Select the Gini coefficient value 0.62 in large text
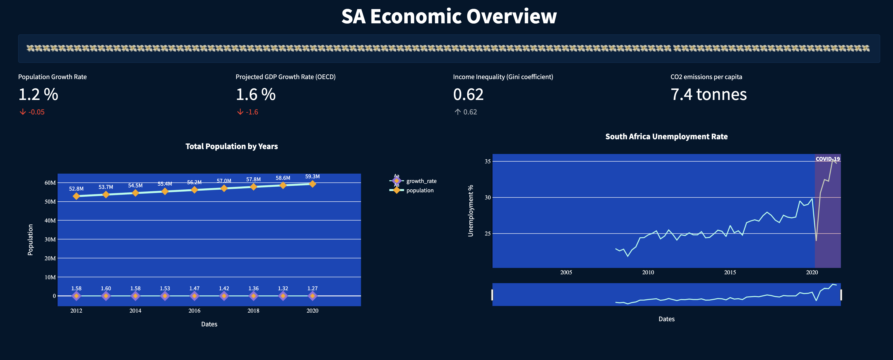(468, 95)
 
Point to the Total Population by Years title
(231, 146)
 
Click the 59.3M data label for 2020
(312, 176)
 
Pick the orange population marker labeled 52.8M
(76, 196)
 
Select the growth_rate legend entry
(421, 181)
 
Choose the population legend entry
(419, 190)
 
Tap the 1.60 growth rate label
(106, 288)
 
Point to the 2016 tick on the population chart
(194, 310)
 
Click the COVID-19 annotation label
(827, 159)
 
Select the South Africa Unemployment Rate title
(666, 137)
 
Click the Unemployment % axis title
(470, 211)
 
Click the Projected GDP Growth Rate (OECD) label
(285, 77)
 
